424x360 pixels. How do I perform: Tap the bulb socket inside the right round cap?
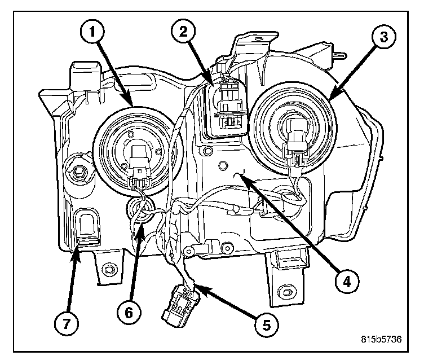click(295, 135)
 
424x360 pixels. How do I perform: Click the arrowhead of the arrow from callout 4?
click(241, 177)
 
